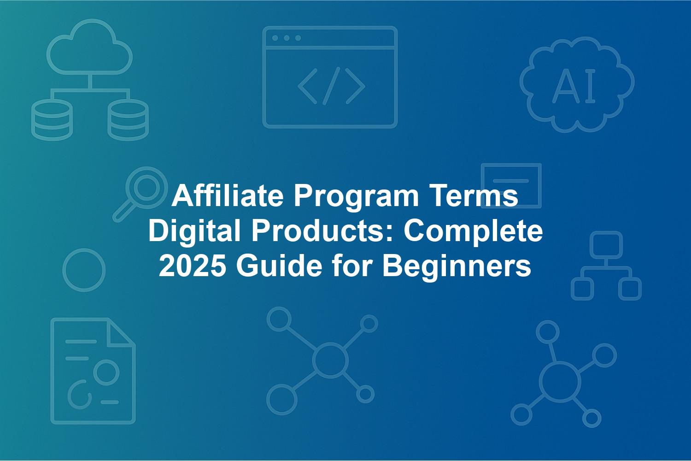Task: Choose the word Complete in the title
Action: coord(473,231)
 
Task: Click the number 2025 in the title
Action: coord(192,266)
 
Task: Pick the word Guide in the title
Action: coord(279,266)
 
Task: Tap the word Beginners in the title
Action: coord(457,268)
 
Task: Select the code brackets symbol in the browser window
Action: coord(331,86)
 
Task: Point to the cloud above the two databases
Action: coord(90,47)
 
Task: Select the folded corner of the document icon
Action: coord(120,332)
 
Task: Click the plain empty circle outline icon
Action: coord(84,270)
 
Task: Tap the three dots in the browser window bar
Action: coord(287,38)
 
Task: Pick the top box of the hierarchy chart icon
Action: coord(606,245)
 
